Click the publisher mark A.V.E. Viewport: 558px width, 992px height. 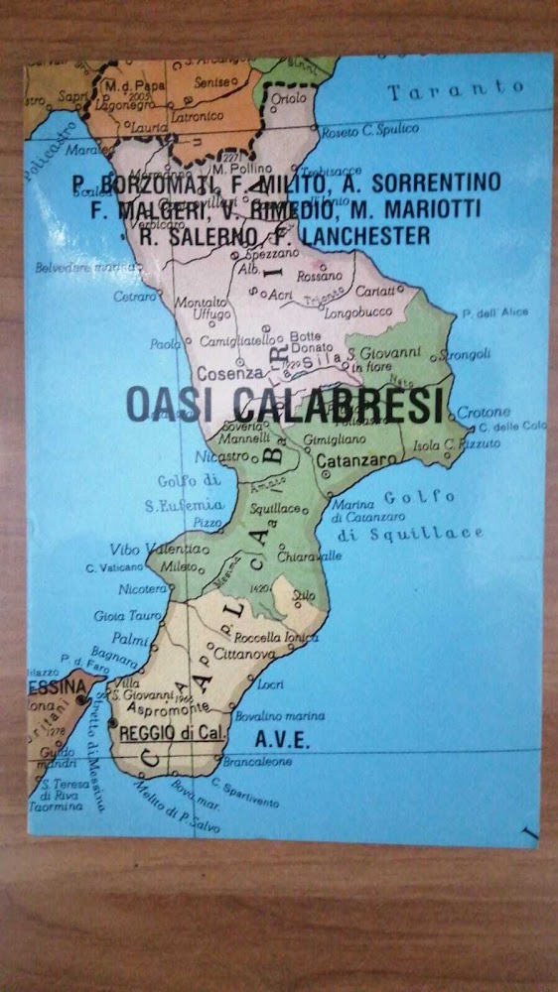[283, 740]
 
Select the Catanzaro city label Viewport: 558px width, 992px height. [357, 460]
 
